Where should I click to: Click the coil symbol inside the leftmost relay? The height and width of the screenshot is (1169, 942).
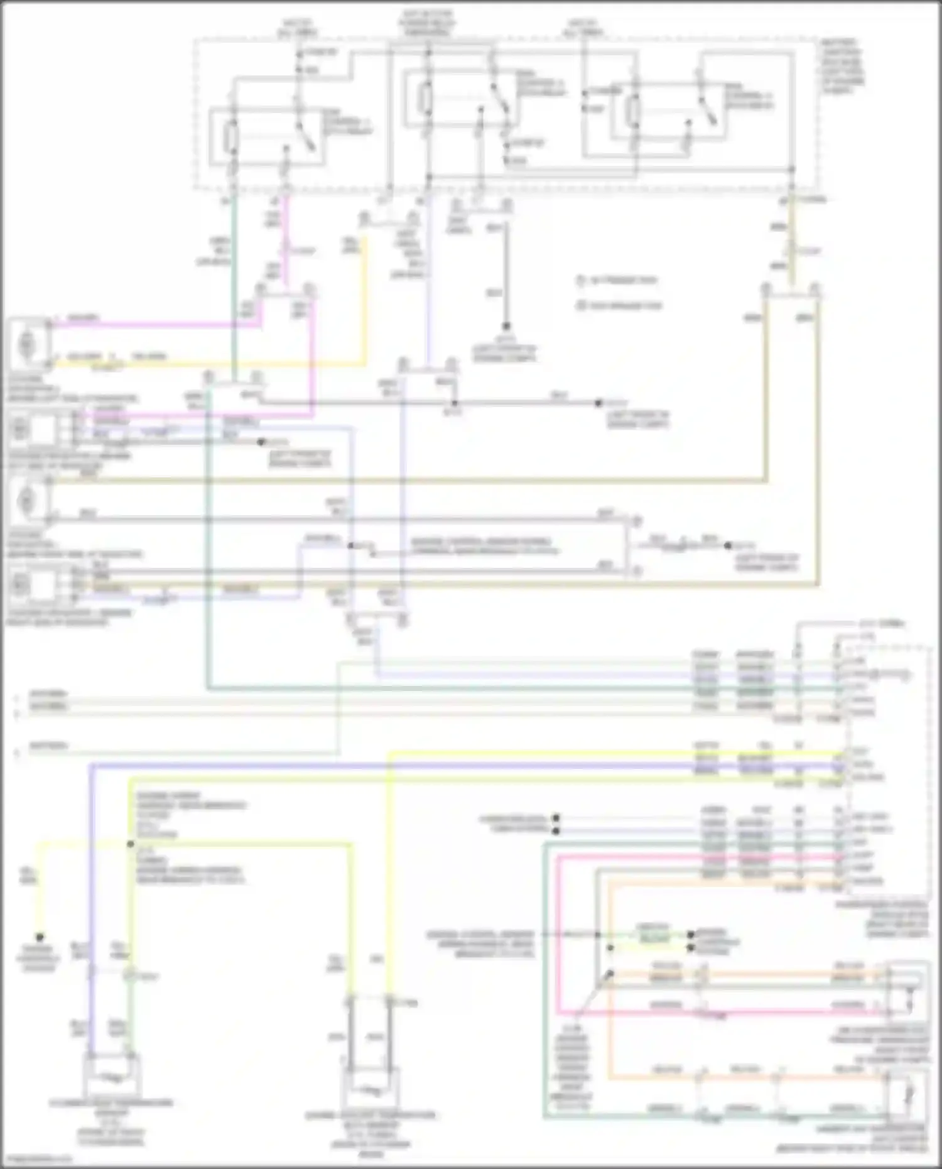coord(231,139)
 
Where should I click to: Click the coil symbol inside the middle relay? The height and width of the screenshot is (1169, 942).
coord(426,98)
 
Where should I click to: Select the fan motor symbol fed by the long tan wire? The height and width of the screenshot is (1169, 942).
coord(28,499)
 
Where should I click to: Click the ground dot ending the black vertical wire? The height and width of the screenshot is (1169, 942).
coord(506,327)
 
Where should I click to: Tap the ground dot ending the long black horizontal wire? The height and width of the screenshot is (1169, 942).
coord(598,403)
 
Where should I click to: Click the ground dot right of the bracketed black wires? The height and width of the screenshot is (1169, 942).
coord(728,545)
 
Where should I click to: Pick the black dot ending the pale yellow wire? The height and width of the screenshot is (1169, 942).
coord(40,937)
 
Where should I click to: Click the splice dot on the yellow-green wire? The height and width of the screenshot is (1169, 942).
coord(131,844)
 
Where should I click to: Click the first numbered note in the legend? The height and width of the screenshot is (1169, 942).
coord(619,280)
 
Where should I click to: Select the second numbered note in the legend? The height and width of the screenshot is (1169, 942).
coord(619,306)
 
